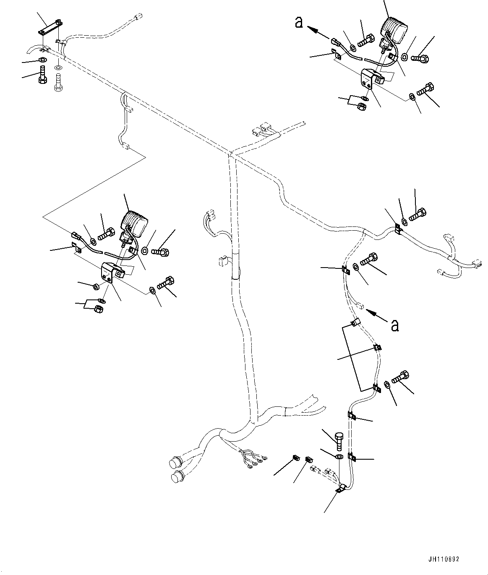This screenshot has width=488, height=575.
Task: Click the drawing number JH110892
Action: (x=444, y=559)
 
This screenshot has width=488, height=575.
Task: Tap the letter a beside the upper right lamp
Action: (x=299, y=22)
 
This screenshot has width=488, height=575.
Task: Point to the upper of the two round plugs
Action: (x=174, y=463)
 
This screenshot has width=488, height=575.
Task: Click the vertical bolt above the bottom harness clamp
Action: (x=339, y=441)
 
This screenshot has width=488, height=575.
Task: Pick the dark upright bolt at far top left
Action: (x=42, y=75)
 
